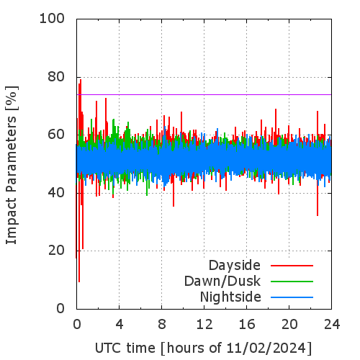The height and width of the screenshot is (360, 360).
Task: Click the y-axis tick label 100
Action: coord(52,19)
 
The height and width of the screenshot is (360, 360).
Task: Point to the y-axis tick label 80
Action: coord(56,77)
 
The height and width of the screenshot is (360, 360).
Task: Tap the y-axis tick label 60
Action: coord(56,135)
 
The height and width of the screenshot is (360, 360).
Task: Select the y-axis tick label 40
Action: coord(56,192)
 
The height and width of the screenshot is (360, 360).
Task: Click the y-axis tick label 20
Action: coord(56,251)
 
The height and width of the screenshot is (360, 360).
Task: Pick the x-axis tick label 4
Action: coord(120,325)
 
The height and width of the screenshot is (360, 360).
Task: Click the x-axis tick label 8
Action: coord(162,325)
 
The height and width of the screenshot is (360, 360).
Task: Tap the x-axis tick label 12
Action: coord(204,325)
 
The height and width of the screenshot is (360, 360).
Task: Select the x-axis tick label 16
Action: coord(247,325)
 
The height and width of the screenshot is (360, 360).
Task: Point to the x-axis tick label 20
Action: coord(289,325)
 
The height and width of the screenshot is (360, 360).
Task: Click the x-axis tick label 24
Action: coord(332,325)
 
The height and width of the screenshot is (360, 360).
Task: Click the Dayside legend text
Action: coord(235,266)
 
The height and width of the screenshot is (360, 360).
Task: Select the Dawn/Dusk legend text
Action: coord(222,281)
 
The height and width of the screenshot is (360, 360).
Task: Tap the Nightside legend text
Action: coord(230,297)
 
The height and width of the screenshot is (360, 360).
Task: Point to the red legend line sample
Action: coord(292,266)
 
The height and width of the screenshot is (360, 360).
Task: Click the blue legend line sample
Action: coord(292,297)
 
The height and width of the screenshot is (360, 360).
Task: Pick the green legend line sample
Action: coord(292,282)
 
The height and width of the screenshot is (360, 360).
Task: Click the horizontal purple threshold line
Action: coord(204,94)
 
